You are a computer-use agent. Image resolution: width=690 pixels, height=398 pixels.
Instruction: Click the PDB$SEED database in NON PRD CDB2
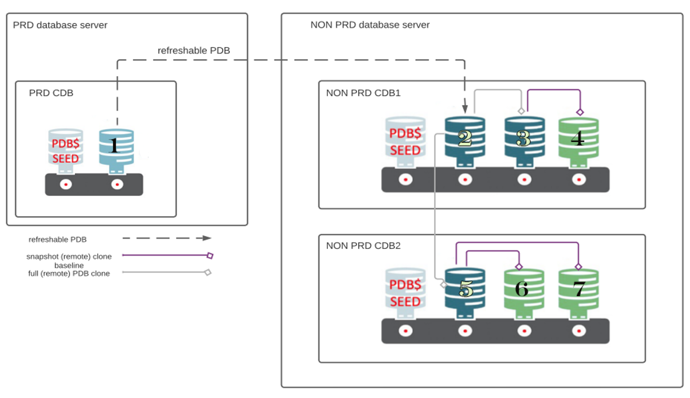pos(405,293)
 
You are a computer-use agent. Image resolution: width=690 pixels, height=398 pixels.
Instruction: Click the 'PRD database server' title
pos(60,25)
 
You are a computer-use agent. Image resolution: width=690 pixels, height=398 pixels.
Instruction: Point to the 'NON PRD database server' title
pos(370,25)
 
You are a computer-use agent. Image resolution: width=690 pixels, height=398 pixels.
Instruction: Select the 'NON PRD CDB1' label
pos(356,93)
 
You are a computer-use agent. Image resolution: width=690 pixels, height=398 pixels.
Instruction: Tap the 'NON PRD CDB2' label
pos(356,246)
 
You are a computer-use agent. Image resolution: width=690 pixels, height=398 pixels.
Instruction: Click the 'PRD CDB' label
pos(51,93)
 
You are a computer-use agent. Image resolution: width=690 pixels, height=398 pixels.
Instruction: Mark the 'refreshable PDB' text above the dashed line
pos(194,51)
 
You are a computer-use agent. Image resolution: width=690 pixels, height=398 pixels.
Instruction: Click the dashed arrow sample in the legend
pos(166,238)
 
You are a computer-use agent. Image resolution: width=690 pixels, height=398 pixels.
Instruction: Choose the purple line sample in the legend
pos(166,256)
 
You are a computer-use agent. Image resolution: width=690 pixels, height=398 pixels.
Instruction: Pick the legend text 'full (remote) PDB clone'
pos(69,274)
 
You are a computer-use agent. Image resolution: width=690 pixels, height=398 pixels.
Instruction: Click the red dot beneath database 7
pos(579,331)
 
